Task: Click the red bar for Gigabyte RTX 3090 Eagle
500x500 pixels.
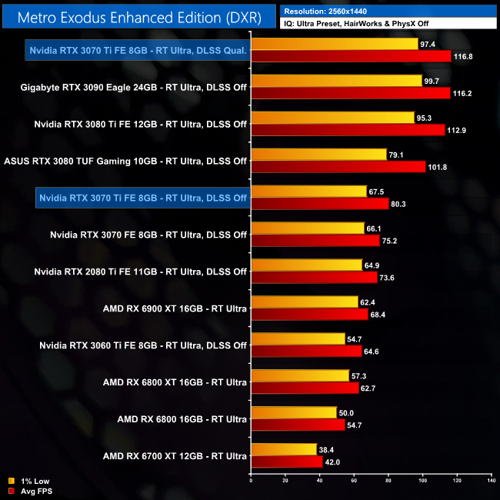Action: [x=350, y=93]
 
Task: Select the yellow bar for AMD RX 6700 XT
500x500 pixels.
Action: [x=284, y=449]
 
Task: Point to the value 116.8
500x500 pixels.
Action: [x=465, y=56]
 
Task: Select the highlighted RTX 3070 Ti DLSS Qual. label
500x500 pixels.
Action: [x=137, y=51]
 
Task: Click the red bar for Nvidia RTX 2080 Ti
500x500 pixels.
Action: [x=314, y=278]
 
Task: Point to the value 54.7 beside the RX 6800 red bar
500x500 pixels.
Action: [x=358, y=425]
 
